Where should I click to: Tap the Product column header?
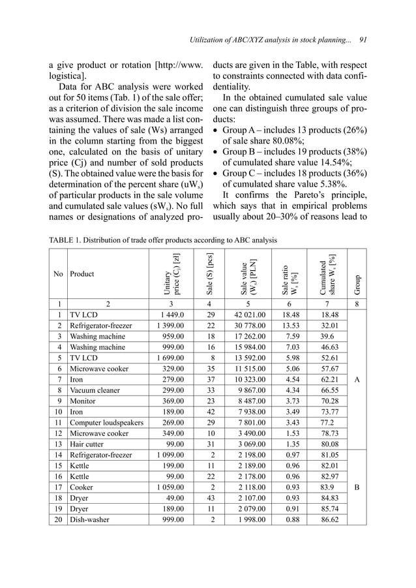(82, 274)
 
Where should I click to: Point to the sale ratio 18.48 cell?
(287, 313)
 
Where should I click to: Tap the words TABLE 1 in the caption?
(69, 240)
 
